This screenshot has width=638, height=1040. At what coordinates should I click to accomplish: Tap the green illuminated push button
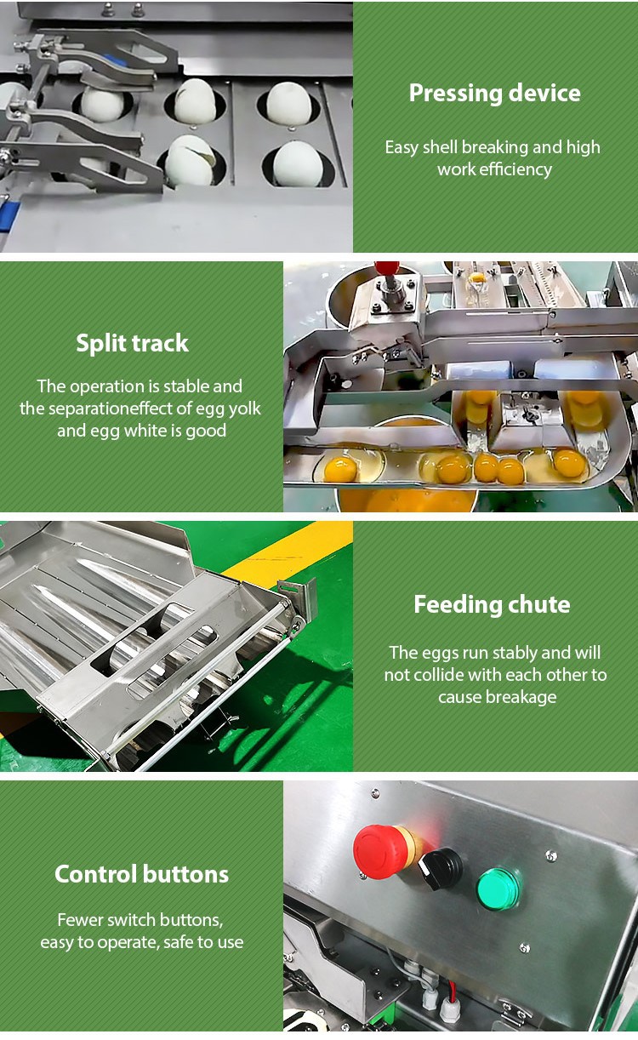[498, 889]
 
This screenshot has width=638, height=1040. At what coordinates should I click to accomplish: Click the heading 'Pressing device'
[494, 94]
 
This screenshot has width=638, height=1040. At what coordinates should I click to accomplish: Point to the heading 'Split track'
[132, 343]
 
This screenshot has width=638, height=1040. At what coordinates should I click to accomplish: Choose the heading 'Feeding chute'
[492, 604]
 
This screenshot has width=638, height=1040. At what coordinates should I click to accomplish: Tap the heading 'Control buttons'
[141, 874]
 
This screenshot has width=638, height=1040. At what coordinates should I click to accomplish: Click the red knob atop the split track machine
[387, 268]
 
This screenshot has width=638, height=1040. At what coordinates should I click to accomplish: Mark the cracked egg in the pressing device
[191, 161]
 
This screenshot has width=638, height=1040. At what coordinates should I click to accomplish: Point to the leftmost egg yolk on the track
[340, 468]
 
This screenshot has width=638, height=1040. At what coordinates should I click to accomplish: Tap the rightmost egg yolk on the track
[569, 463]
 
